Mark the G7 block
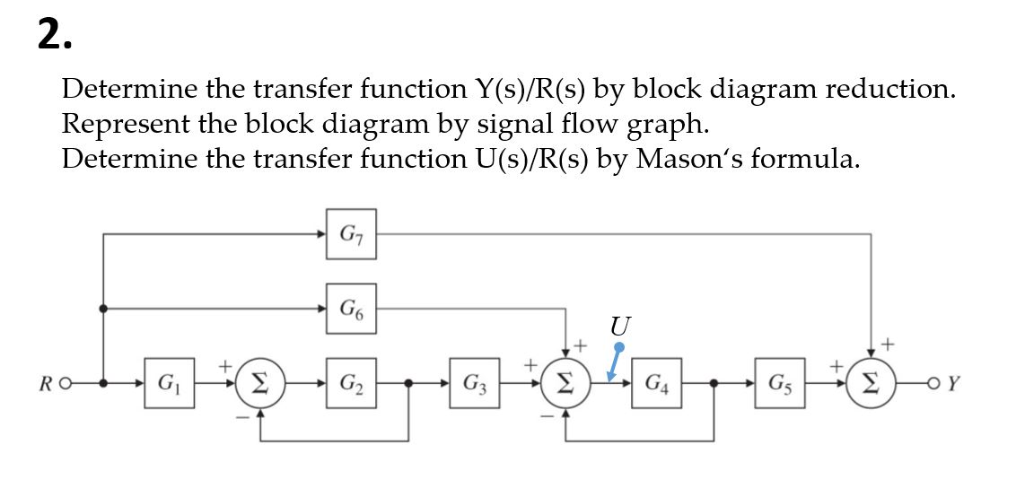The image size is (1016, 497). pyautogui.click(x=351, y=235)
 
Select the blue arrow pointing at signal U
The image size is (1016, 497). pyautogui.click(x=615, y=363)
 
